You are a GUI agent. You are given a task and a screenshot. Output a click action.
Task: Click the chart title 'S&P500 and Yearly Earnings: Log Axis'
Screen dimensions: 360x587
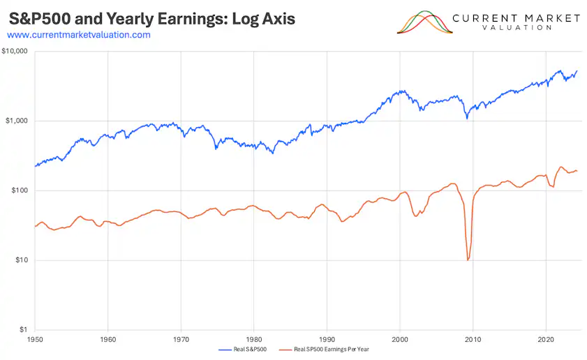pyautogui.click(x=151, y=18)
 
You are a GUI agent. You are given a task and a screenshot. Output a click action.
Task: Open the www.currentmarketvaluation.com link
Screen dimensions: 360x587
pyautogui.click(x=79, y=35)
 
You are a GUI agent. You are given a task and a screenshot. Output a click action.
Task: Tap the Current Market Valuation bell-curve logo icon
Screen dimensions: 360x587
pyautogui.click(x=424, y=22)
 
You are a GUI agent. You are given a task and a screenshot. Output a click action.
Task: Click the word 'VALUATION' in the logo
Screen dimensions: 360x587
pyautogui.click(x=516, y=28)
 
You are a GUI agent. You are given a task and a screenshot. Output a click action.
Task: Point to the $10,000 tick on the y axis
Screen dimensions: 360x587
pyautogui.click(x=15, y=52)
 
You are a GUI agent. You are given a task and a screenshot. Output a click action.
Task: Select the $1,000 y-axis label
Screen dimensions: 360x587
pyautogui.click(x=17, y=121)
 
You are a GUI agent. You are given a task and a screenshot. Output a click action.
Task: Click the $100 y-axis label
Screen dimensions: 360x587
pyautogui.click(x=19, y=191)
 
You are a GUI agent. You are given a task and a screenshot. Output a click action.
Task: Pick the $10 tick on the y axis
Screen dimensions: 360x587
pyautogui.click(x=21, y=261)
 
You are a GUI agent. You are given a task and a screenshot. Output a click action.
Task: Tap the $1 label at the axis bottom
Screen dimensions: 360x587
pyautogui.click(x=23, y=330)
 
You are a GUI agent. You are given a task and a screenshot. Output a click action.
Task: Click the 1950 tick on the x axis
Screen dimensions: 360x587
pyautogui.click(x=35, y=338)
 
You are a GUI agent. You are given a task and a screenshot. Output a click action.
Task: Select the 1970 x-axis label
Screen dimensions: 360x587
pyautogui.click(x=181, y=338)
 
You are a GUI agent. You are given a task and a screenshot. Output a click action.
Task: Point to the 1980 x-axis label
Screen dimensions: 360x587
pyautogui.click(x=253, y=338)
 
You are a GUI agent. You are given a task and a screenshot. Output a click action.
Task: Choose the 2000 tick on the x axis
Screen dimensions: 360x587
pyautogui.click(x=400, y=338)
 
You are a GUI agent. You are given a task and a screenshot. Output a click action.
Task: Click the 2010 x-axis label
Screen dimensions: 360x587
pyautogui.click(x=473, y=338)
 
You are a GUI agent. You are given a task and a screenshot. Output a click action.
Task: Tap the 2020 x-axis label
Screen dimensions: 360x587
pyautogui.click(x=545, y=338)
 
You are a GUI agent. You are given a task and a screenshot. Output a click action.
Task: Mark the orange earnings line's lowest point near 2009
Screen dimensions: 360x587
pyautogui.click(x=468, y=260)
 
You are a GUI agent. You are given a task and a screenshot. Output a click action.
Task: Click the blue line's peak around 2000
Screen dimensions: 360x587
pyautogui.click(x=401, y=91)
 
